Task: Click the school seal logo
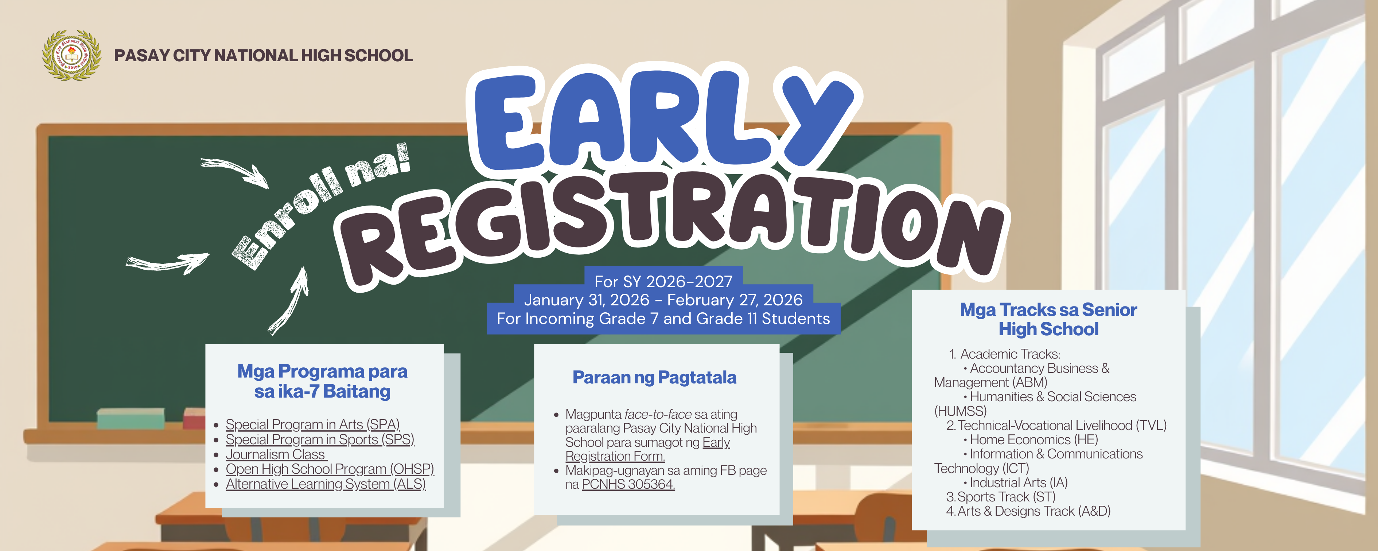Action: (72, 55)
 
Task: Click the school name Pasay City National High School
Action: (263, 56)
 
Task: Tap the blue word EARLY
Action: (663, 120)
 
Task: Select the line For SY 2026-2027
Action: (663, 281)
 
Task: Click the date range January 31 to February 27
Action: (663, 300)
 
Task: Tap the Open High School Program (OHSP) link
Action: (330, 469)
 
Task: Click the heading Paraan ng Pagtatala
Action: (654, 378)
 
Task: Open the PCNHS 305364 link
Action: (628, 484)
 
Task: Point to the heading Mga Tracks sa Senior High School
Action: (1048, 319)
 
